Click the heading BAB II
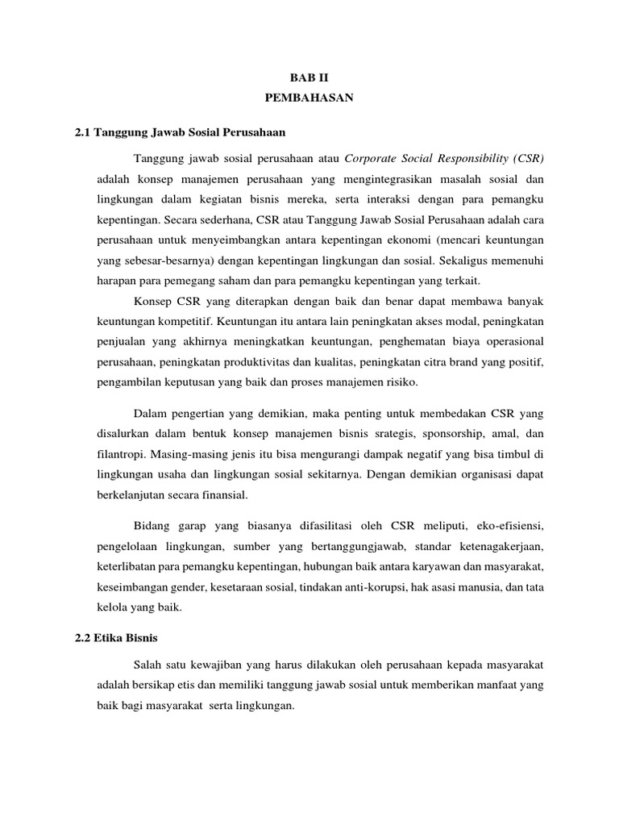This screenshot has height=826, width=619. point(309,79)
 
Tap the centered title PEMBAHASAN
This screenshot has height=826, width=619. point(309,100)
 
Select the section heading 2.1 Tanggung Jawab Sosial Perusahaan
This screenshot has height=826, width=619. point(179,131)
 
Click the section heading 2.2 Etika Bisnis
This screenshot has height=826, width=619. point(116,637)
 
